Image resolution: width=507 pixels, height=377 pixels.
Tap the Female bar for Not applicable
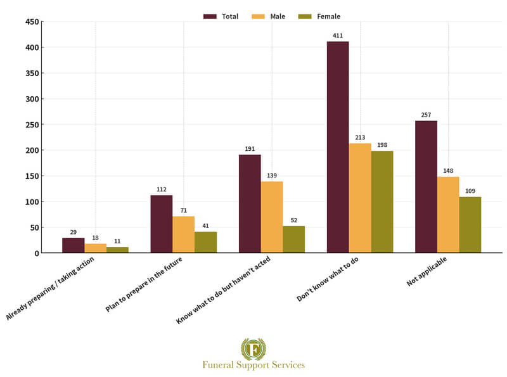click(x=470, y=224)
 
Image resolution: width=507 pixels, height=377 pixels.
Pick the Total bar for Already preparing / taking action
click(x=74, y=245)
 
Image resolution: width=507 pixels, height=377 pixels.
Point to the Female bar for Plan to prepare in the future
click(x=205, y=242)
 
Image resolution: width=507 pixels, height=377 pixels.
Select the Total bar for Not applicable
click(x=426, y=186)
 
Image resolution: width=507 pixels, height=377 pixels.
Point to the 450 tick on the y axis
click(x=31, y=22)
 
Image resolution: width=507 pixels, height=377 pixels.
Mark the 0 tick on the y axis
click(x=35, y=253)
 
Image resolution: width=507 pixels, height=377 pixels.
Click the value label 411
click(x=338, y=35)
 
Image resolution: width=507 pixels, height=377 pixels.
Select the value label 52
click(x=293, y=220)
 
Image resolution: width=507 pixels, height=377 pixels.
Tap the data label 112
click(x=161, y=189)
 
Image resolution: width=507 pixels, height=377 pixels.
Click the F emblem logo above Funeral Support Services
click(x=253, y=348)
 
